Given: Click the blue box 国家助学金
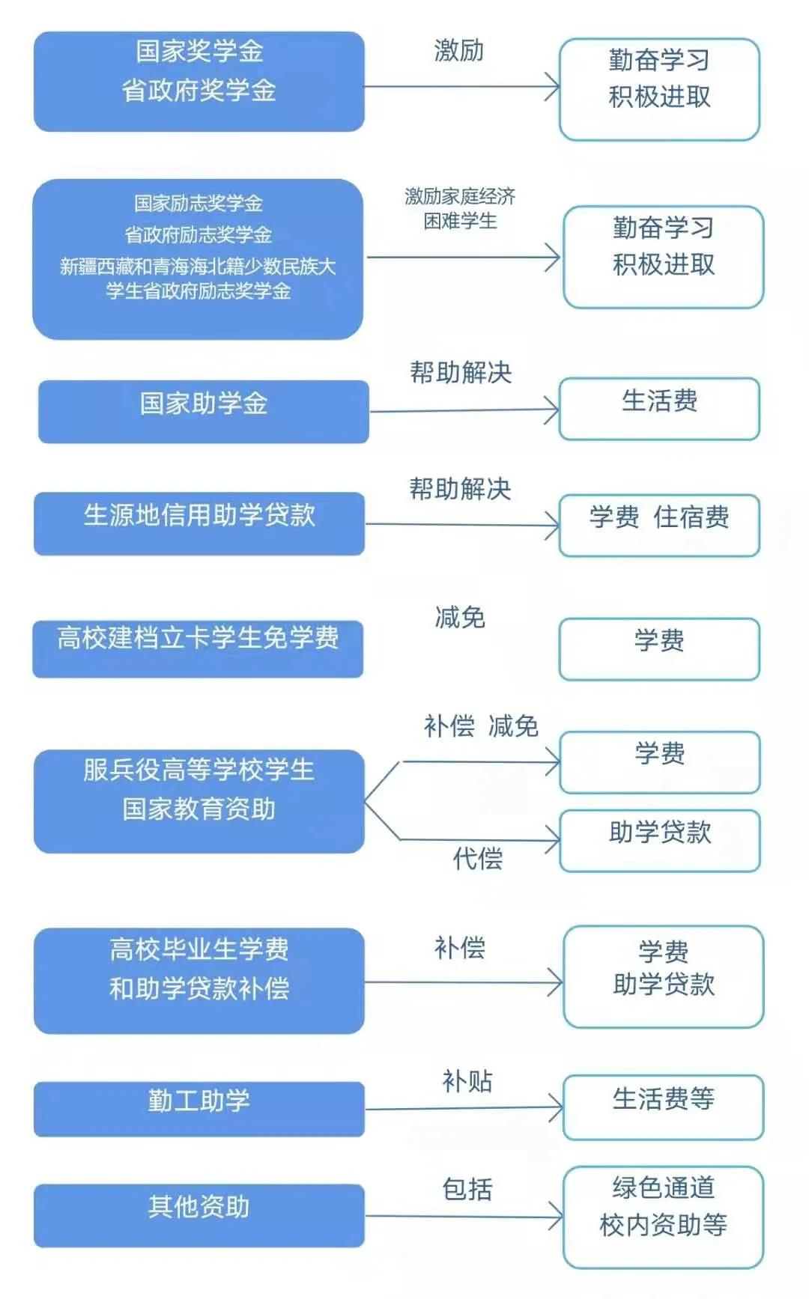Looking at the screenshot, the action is (x=204, y=411).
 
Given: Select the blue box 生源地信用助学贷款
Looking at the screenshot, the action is (x=199, y=523).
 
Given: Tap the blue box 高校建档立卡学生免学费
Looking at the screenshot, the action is (x=199, y=648).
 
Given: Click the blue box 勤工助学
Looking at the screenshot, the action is (x=199, y=1109).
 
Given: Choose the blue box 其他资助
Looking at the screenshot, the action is (x=199, y=1215).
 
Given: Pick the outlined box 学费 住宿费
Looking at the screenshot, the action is (x=659, y=525).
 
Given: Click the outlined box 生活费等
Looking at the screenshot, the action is (x=663, y=1107).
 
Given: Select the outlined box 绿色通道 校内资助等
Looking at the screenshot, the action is (x=663, y=1217).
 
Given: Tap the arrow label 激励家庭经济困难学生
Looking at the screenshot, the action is (x=460, y=208).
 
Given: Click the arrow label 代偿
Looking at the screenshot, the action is (x=477, y=858).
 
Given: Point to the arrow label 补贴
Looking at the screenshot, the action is (x=467, y=1081).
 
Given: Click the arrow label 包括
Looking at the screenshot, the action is (x=467, y=1189).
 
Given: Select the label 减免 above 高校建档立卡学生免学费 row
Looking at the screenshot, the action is (x=460, y=617).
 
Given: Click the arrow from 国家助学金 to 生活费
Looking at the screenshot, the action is (x=464, y=410).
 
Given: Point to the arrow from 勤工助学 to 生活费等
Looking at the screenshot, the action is (x=464, y=1108).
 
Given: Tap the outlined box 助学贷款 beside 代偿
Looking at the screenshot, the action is (x=660, y=840).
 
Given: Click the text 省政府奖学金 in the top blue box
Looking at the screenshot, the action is (x=199, y=91).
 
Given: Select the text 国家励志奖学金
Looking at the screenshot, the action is (x=199, y=203).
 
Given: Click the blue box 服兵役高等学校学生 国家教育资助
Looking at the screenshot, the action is (x=199, y=801).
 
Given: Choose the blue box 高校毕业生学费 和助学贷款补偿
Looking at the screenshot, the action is (x=199, y=981).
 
